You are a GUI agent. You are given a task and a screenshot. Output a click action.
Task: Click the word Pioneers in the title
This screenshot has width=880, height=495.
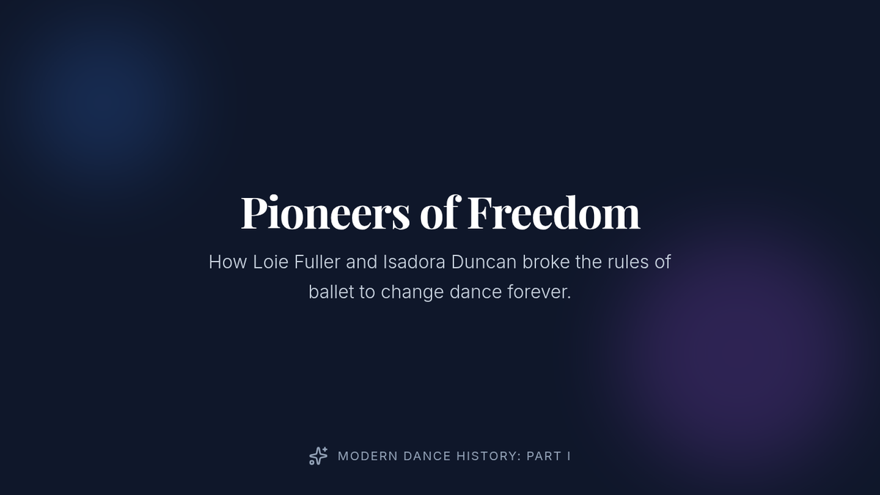[326, 212]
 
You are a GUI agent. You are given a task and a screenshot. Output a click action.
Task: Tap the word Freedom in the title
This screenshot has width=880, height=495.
[554, 212]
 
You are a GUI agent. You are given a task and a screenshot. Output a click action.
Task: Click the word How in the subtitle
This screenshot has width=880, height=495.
[228, 262]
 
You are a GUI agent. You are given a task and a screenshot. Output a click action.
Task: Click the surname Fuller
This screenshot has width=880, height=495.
[317, 262]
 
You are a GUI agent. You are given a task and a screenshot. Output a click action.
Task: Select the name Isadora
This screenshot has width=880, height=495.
[414, 262]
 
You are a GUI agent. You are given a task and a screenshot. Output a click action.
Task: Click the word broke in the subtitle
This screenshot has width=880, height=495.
[546, 262]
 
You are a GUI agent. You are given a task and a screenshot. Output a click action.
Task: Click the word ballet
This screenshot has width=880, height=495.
[331, 292]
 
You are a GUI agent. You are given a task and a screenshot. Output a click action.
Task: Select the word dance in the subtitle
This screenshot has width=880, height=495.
[475, 292]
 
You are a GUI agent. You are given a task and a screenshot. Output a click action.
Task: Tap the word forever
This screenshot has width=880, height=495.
[539, 292]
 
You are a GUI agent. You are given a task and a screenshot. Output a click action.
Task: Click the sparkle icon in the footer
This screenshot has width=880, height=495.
[318, 456]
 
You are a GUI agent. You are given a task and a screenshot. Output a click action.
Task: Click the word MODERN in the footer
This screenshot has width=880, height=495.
[367, 456]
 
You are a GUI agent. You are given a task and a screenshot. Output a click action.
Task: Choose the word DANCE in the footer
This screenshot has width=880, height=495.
[427, 456]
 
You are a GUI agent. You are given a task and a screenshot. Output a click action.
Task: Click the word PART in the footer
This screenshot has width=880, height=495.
[544, 456]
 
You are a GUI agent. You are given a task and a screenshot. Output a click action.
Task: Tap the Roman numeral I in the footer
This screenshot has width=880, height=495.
[569, 456]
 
